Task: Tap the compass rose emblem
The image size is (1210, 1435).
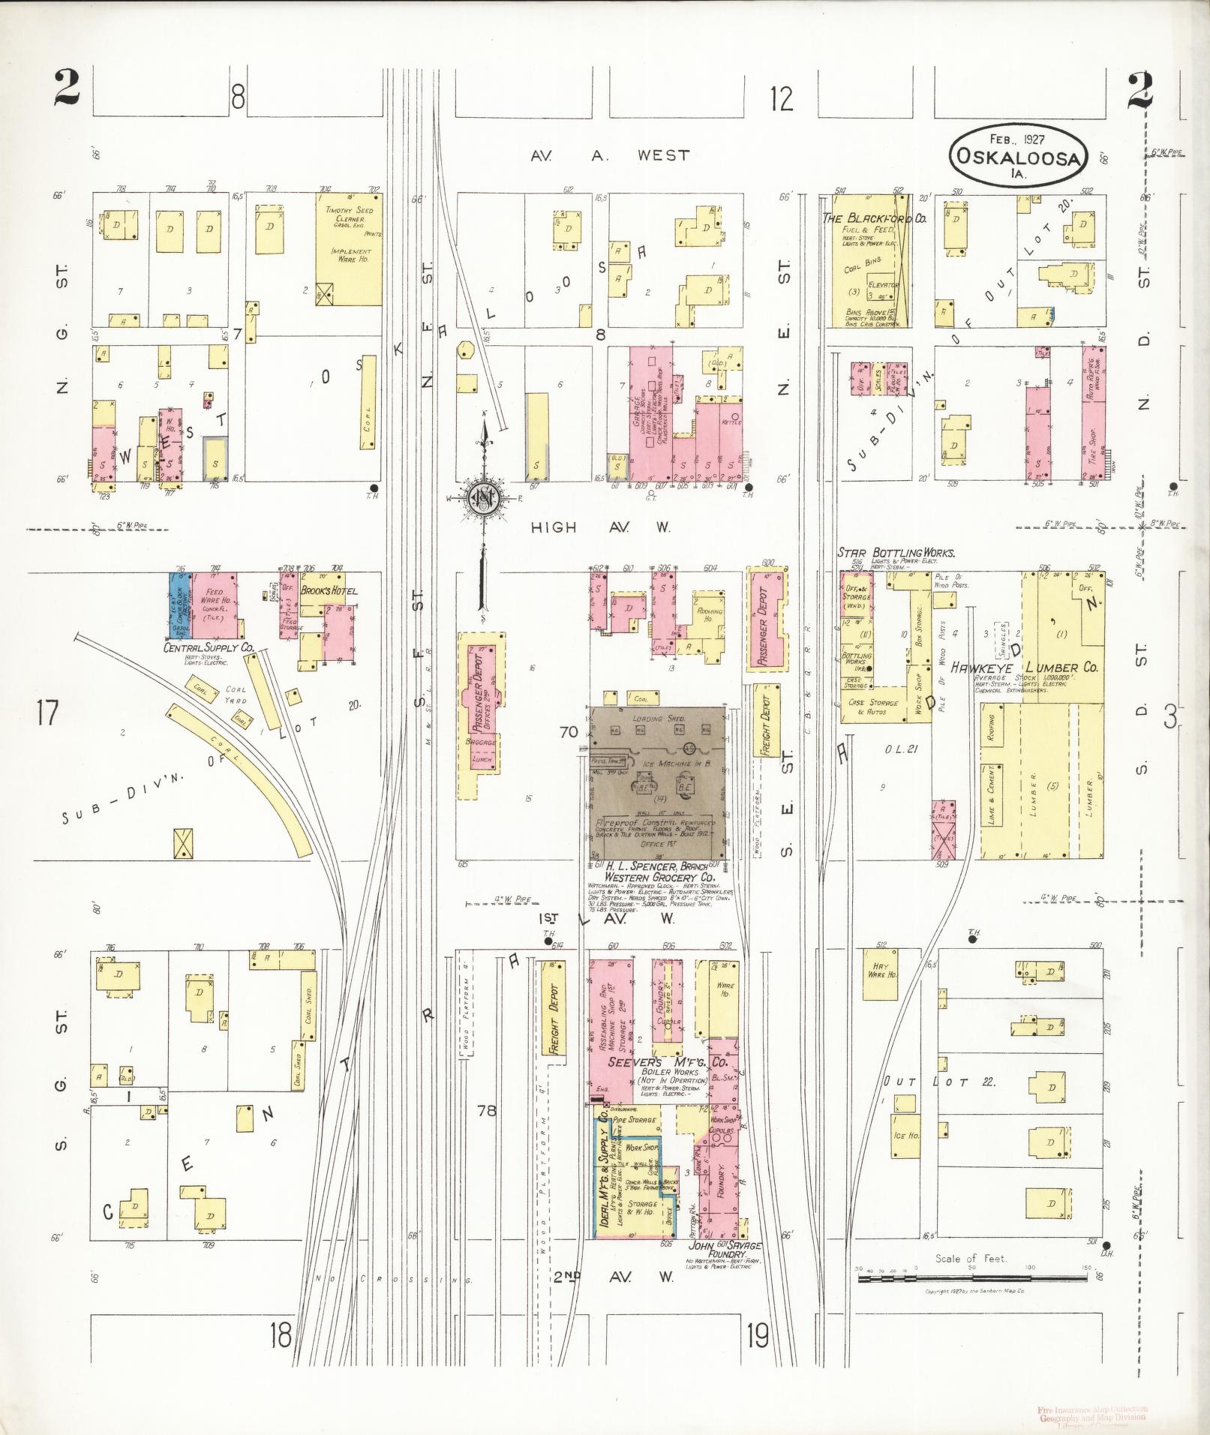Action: [485, 498]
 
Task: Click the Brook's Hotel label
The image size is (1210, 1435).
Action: [329, 590]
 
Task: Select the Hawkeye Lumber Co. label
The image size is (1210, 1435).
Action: [1025, 667]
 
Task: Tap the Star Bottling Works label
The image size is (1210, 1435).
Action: [896, 553]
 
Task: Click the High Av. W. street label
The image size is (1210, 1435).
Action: [600, 527]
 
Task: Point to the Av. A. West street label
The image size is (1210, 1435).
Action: [609, 155]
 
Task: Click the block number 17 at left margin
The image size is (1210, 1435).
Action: [47, 712]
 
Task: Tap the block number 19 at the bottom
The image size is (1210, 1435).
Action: [758, 1335]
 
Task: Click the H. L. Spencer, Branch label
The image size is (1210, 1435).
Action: [651, 866]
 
